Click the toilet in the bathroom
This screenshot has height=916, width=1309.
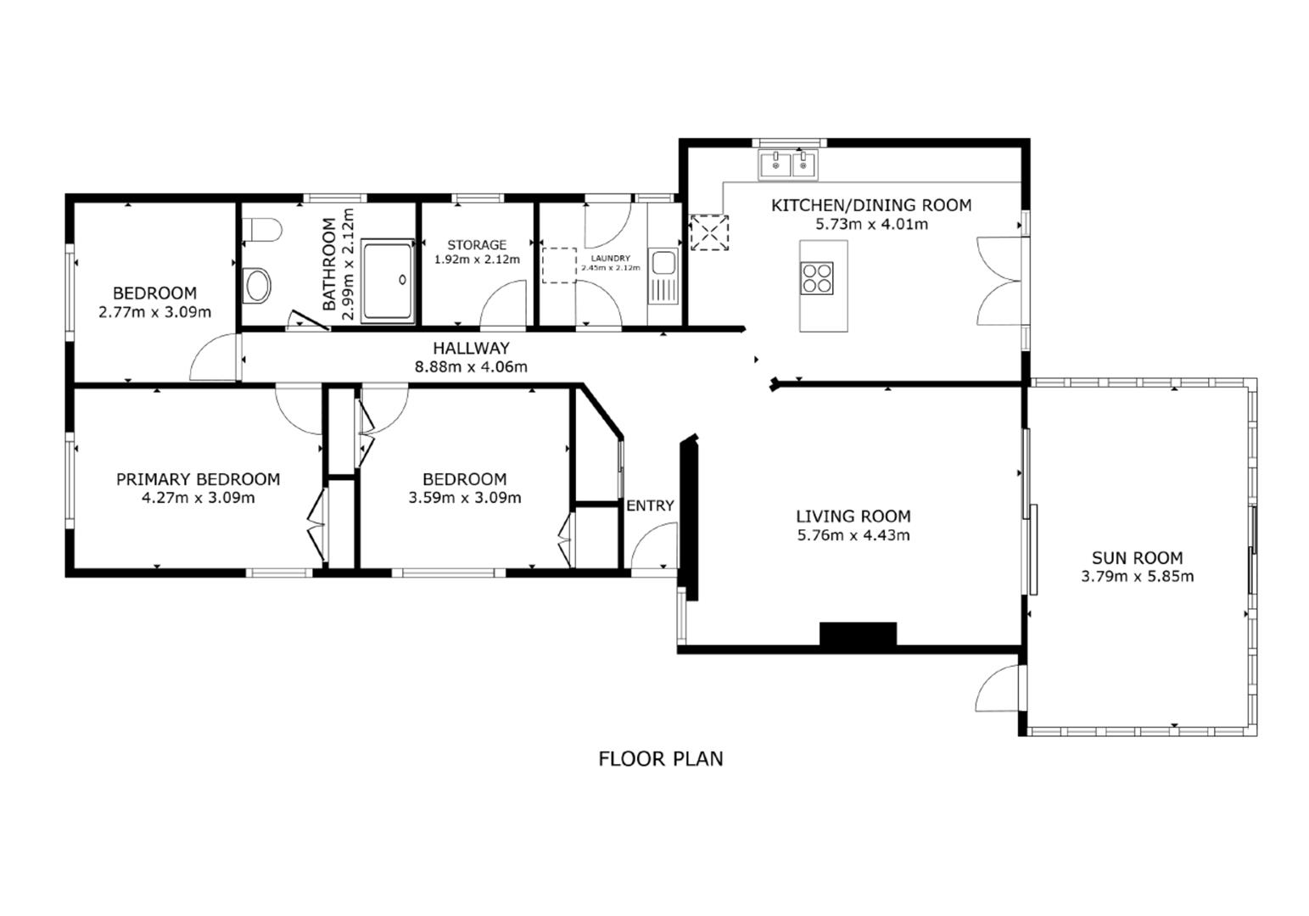pyautogui.click(x=261, y=230)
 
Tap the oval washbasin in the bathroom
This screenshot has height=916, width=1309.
pyautogui.click(x=256, y=286)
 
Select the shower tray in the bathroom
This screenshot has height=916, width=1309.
pyautogui.click(x=388, y=280)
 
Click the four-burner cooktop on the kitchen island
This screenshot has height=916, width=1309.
pyautogui.click(x=818, y=278)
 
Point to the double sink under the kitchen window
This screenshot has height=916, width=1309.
pyautogui.click(x=789, y=165)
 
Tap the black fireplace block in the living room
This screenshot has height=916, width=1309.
pyautogui.click(x=858, y=634)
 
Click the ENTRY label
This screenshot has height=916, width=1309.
pyautogui.click(x=650, y=505)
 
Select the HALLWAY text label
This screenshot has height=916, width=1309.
pyautogui.click(x=471, y=348)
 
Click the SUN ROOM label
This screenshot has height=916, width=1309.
pyautogui.click(x=1137, y=558)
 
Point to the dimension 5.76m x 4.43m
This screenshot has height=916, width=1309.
pyautogui.click(x=853, y=535)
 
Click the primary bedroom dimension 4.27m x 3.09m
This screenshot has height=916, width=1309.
pyautogui.click(x=198, y=498)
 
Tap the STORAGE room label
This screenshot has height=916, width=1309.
pyautogui.click(x=477, y=245)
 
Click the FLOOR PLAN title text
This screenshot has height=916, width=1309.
pyautogui.click(x=661, y=758)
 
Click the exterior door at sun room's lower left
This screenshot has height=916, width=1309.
pyautogui.click(x=999, y=688)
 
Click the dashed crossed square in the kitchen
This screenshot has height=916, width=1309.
pyautogui.click(x=709, y=232)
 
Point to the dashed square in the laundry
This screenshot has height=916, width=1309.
pyautogui.click(x=559, y=265)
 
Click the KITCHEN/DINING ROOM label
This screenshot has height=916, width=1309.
pyautogui.click(x=871, y=205)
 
